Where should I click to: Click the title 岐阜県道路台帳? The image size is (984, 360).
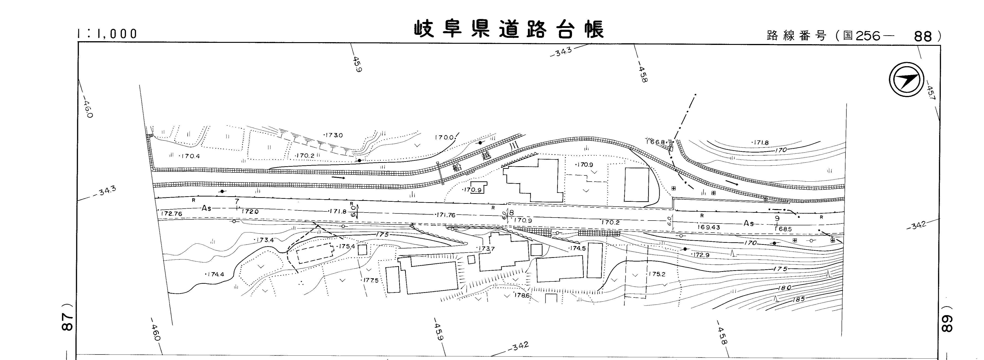point(509,29)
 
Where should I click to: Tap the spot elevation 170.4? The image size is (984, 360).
point(190,156)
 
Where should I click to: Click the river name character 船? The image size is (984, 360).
point(456,167)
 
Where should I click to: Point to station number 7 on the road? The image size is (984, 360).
point(237,201)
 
